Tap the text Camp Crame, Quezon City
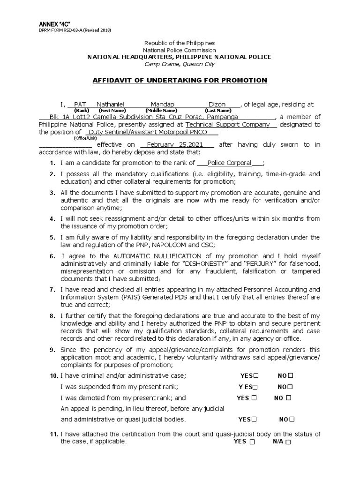(180, 64)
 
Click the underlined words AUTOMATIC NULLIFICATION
(157, 256)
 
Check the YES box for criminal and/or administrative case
(256, 376)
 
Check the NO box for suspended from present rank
(291, 387)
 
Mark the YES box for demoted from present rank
(254, 398)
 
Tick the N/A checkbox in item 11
(288, 442)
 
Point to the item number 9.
(52, 350)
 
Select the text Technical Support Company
(228, 125)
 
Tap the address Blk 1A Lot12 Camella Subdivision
(101, 117)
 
